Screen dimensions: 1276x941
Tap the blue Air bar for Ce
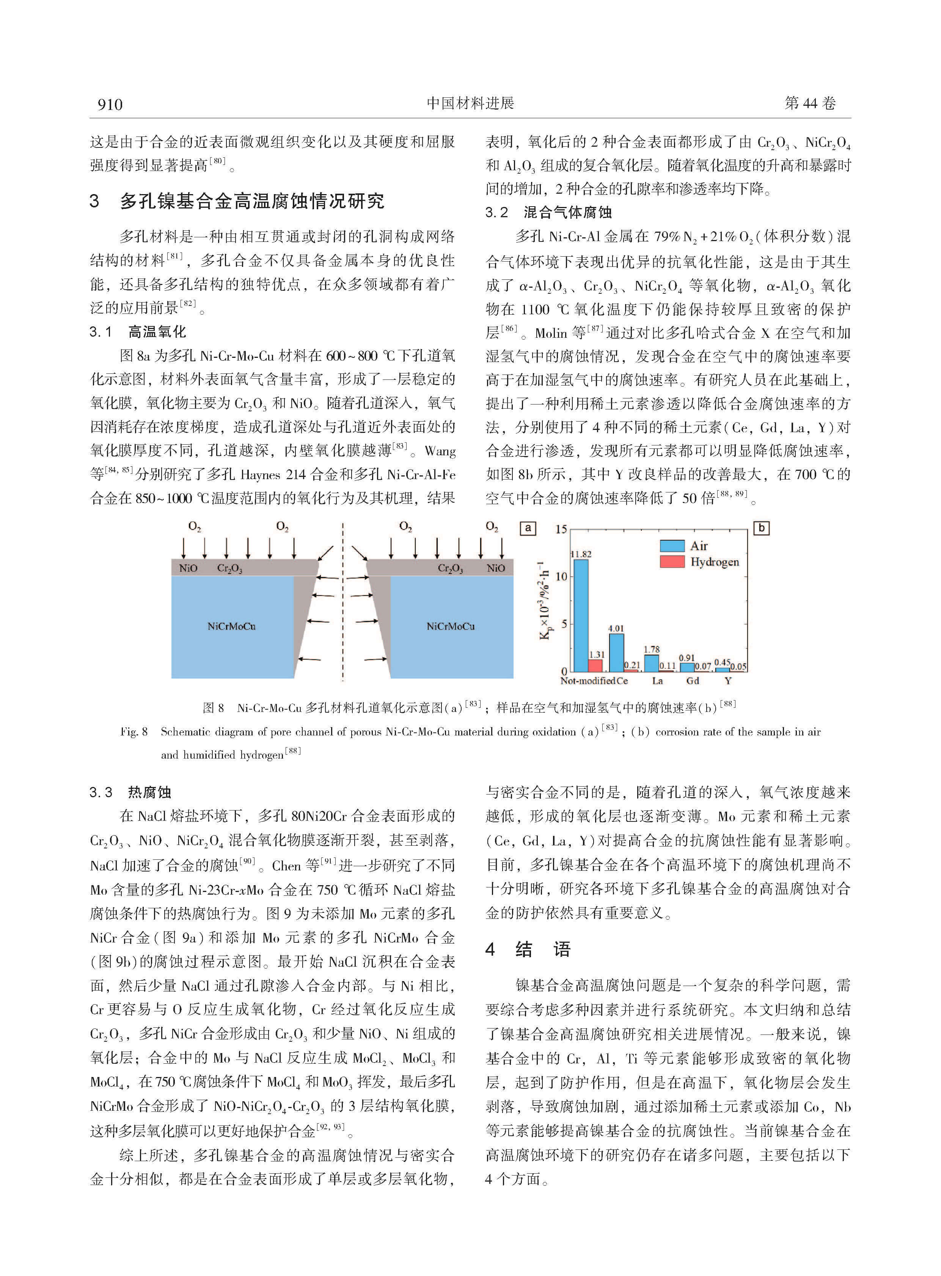click(616, 652)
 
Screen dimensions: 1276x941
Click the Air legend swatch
click(672, 546)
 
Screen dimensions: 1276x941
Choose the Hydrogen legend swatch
click(672, 562)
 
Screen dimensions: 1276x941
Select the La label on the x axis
click(657, 681)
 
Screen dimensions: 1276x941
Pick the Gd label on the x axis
click(693, 681)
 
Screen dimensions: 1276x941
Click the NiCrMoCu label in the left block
click(231, 626)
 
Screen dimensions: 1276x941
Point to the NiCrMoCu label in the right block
click(451, 626)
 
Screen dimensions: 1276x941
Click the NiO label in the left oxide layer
click(188, 568)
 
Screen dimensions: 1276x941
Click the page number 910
click(110, 104)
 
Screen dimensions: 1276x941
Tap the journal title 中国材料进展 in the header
click(470, 103)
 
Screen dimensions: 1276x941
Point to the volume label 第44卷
click(810, 103)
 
